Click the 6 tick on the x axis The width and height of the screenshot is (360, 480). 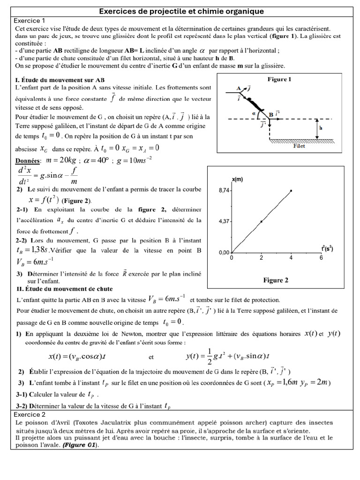pos(321,258)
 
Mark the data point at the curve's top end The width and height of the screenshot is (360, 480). pos(291,191)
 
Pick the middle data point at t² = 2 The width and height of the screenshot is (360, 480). pos(261,221)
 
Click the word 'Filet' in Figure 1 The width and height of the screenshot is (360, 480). pos(299,146)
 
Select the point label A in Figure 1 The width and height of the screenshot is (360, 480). pos(239,88)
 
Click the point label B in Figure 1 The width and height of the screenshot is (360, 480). pos(271,114)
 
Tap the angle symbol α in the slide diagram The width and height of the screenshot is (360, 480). pos(253,113)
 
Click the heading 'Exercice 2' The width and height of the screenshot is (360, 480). pos(30,414)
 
